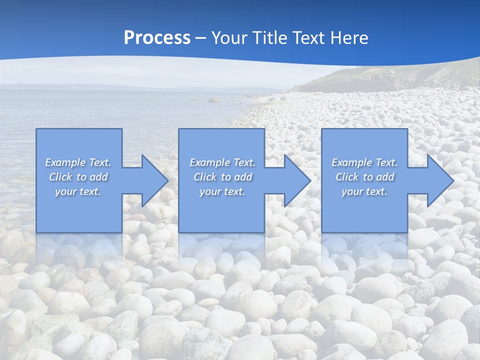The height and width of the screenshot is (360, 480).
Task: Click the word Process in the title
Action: point(157,38)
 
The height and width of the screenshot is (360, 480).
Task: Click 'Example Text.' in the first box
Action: point(78,162)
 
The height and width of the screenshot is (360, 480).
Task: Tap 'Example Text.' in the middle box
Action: point(222,162)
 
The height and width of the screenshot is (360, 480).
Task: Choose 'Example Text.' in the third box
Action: point(364,162)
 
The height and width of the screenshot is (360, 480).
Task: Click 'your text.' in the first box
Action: point(78,191)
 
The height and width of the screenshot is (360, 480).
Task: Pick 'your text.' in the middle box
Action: point(222,191)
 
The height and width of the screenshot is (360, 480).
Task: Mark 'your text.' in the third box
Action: point(364,191)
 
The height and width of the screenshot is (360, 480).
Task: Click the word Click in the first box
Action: point(61,177)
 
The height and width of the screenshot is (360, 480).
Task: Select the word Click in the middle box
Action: point(205,177)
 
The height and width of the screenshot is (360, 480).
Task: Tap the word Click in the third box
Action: point(347,177)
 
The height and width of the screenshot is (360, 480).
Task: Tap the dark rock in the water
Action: point(213,100)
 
